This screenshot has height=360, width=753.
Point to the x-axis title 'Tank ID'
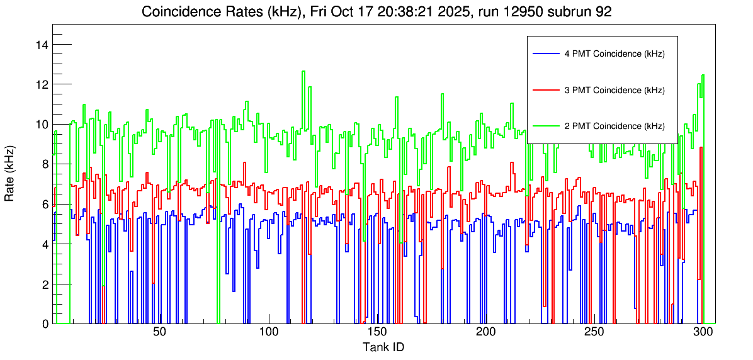[x=383, y=347]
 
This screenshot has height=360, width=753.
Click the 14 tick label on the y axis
[x=43, y=45]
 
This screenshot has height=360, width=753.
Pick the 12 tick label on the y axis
[x=43, y=84]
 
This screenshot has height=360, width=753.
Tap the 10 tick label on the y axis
[x=43, y=125]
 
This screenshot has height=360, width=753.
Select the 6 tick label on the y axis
[x=45, y=205]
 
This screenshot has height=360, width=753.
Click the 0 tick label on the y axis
[x=45, y=324]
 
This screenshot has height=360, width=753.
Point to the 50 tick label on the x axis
[x=159, y=332]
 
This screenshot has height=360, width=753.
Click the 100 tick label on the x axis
[x=269, y=332]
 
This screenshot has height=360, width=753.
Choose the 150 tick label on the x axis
[x=377, y=332]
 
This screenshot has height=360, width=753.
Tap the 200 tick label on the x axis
[x=485, y=332]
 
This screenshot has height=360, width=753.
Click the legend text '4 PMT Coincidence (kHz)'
[x=614, y=54]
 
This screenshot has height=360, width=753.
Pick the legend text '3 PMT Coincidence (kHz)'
[x=614, y=90]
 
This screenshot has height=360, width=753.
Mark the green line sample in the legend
[x=545, y=126]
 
